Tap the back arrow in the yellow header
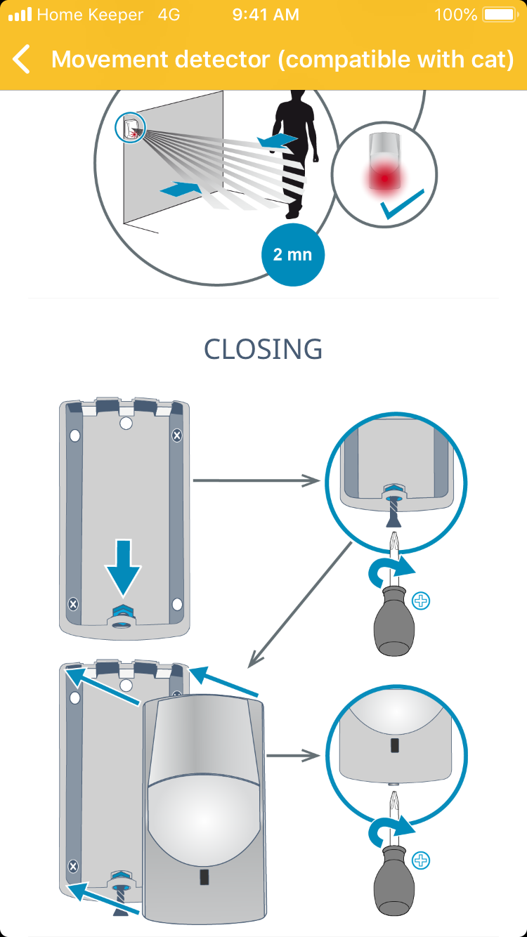click(x=22, y=59)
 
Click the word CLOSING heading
click(x=263, y=349)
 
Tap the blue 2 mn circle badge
click(x=292, y=254)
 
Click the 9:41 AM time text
click(x=266, y=15)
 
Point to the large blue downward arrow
click(x=123, y=565)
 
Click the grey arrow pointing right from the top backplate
click(x=256, y=480)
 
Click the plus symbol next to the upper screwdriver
click(x=422, y=601)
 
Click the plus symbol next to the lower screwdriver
click(x=422, y=860)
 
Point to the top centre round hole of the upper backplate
click(x=126, y=423)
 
